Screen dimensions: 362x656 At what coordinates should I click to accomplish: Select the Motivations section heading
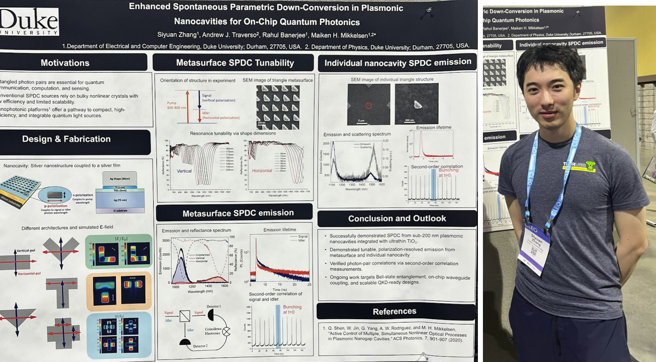click(x=65, y=63)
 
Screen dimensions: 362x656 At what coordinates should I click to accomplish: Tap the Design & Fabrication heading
click(x=66, y=139)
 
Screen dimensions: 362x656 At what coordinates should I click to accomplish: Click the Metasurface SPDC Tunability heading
click(x=235, y=63)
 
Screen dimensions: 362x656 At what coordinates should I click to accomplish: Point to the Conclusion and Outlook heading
click(x=397, y=218)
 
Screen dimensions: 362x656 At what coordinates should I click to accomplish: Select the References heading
click(x=394, y=311)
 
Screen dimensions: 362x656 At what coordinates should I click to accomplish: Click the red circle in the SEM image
click(x=368, y=106)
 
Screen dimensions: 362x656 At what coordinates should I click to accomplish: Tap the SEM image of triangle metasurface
click(x=278, y=107)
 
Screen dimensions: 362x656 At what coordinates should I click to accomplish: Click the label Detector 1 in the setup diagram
click(x=214, y=306)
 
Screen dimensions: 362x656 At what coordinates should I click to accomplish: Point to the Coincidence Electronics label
click(x=213, y=331)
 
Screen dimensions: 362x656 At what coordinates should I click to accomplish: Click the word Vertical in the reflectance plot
click(x=184, y=171)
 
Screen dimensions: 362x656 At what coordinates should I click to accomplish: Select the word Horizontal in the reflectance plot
click(x=262, y=170)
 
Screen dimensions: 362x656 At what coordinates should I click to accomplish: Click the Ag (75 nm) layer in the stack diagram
click(x=120, y=200)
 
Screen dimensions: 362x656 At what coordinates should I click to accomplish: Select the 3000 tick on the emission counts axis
click(x=166, y=240)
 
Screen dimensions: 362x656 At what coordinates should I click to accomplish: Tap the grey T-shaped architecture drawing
click(x=62, y=291)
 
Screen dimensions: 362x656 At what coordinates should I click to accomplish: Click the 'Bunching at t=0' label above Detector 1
click(x=292, y=309)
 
